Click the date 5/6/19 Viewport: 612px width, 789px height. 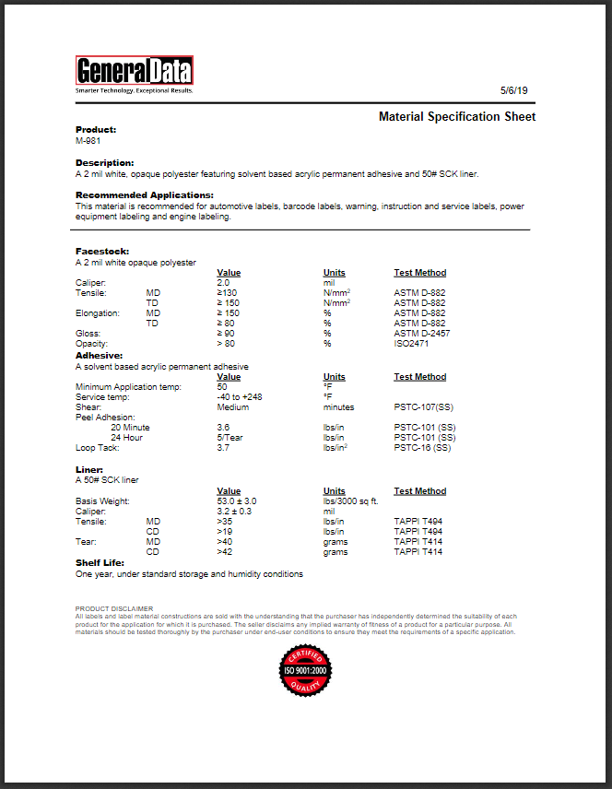(x=512, y=90)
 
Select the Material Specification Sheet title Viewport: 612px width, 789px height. (x=457, y=117)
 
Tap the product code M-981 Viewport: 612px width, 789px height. (x=88, y=140)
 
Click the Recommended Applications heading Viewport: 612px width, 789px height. (x=144, y=195)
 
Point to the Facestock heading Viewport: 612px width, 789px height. (x=102, y=251)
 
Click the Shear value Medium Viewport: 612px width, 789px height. (x=232, y=406)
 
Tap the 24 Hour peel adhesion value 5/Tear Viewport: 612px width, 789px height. (x=230, y=438)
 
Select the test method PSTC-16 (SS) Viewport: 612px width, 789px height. (x=422, y=448)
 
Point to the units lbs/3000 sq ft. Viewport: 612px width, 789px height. (x=352, y=500)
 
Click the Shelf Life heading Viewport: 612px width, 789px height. (x=100, y=562)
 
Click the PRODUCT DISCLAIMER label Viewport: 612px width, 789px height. (x=114, y=608)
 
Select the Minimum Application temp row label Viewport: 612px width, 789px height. (x=128, y=386)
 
